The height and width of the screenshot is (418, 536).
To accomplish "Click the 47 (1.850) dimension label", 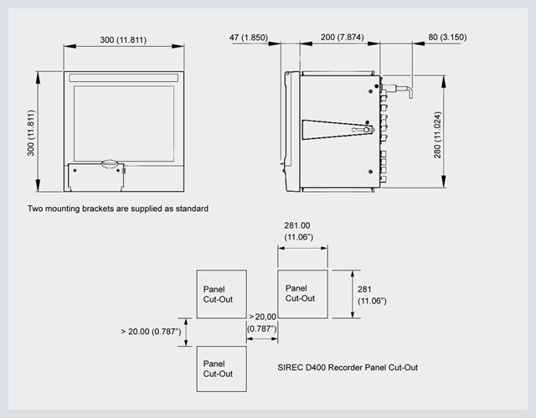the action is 249,37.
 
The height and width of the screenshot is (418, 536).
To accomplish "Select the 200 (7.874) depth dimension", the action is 343,37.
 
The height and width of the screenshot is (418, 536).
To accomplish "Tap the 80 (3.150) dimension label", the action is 447,37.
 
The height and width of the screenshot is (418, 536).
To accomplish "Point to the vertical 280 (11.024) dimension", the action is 438,135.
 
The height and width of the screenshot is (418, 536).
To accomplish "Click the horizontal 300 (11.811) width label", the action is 123,40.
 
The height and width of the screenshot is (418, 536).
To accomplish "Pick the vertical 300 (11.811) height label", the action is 31,133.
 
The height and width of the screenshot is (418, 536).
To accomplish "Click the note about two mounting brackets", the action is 118,209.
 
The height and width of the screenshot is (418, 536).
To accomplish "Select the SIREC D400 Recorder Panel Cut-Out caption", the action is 348,368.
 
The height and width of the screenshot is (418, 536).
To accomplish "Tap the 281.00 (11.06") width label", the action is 298,231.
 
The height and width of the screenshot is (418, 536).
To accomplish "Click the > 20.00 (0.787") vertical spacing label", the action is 151,332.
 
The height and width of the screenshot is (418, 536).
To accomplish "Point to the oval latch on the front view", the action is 110,163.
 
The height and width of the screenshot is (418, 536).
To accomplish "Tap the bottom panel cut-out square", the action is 221,369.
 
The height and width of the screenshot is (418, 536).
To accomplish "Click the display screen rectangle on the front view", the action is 124,123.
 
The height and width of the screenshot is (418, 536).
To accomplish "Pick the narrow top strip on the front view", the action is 124,78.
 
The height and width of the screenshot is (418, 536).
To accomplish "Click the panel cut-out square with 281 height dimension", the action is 302,294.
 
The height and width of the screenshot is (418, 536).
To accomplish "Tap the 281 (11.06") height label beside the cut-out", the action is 372,295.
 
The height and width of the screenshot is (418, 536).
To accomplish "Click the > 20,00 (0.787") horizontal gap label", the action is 262,323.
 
